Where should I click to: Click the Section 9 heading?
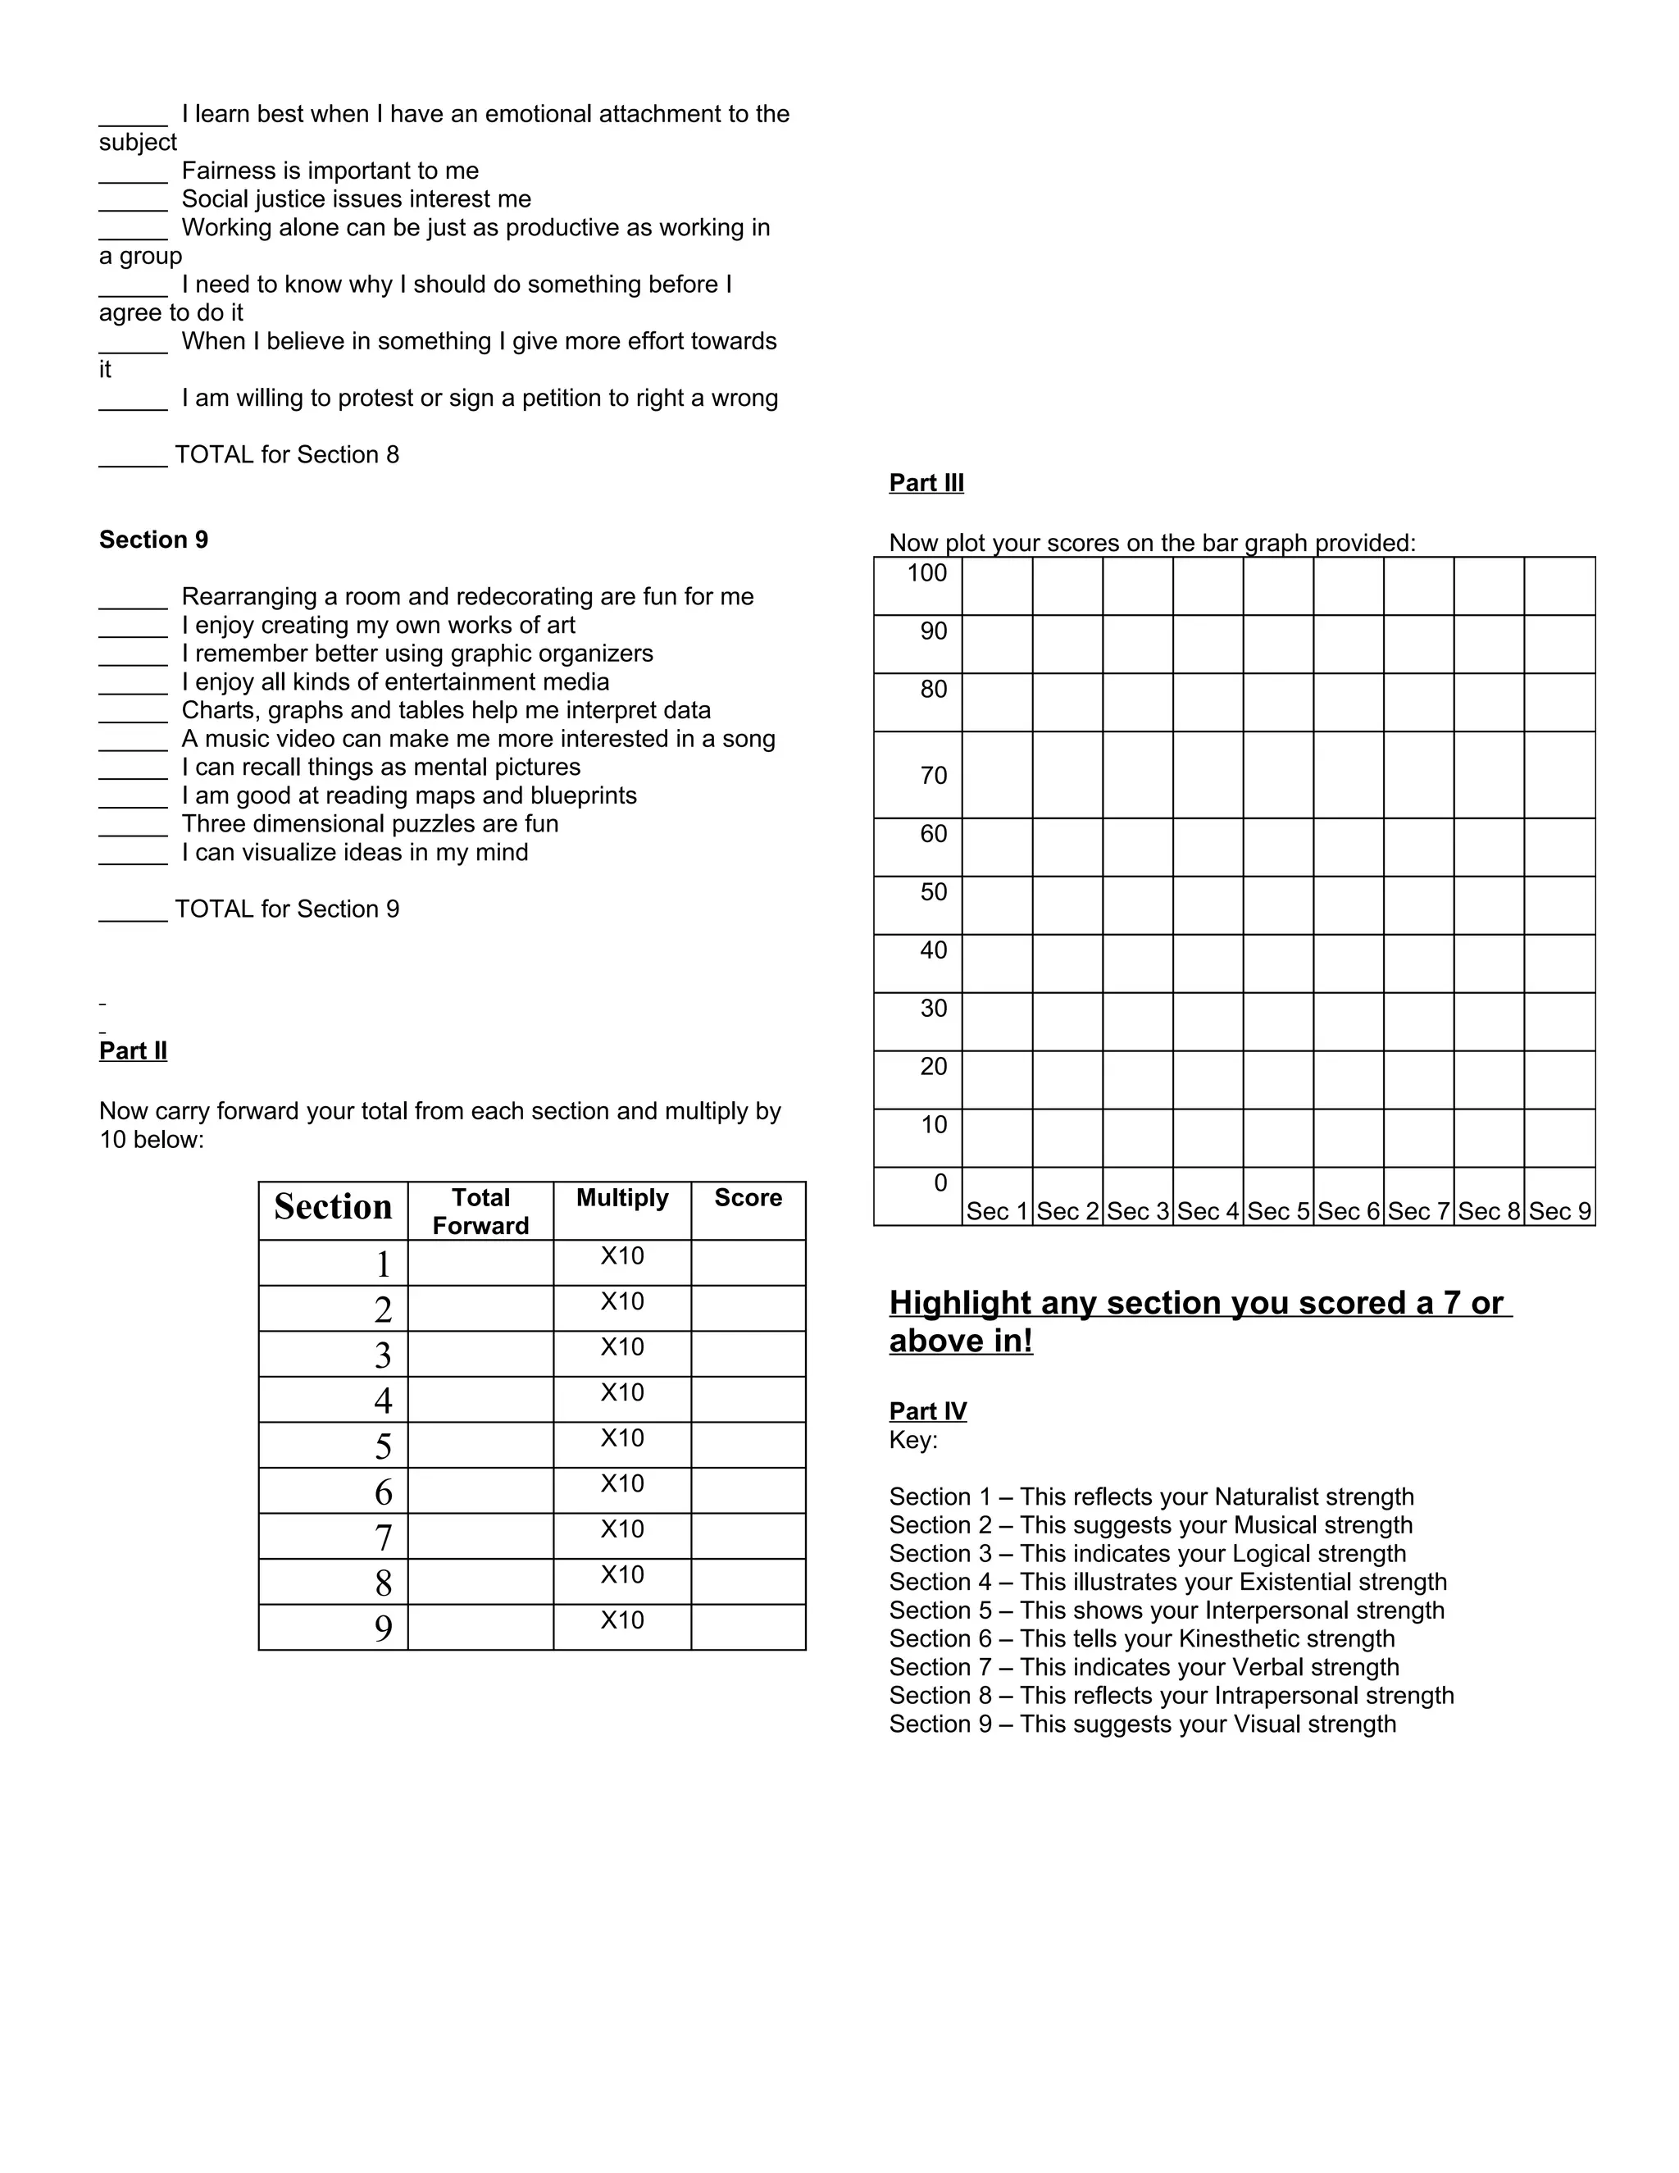pos(153,540)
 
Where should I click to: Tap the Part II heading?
pos(134,1052)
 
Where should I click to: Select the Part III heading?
pos(926,484)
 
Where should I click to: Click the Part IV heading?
pos(927,1412)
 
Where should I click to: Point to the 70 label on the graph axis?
pos(933,776)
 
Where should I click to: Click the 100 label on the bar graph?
pos(927,573)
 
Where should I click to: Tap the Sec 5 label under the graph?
pos(1277,1212)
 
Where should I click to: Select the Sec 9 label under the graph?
pos(1558,1212)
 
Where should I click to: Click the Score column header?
pos(748,1198)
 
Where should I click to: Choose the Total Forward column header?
pos(480,1212)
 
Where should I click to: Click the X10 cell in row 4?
pos(621,1393)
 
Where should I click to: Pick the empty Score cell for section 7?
pos(748,1536)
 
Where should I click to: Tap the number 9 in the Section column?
pos(383,1629)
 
